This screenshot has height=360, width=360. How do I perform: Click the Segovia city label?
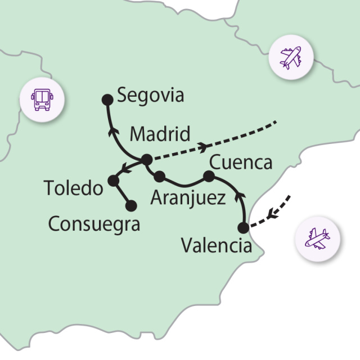150,96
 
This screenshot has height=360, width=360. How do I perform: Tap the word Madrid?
160,135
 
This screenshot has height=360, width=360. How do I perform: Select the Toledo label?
74,187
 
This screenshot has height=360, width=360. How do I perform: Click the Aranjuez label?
187,197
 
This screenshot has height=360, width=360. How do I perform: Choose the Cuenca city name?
240,163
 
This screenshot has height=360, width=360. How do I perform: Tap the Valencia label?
217,245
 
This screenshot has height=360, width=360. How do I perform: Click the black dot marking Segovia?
107,100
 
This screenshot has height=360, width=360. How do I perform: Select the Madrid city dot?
146,160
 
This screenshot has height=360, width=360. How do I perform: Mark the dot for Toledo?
113,181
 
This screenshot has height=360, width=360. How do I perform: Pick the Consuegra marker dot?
132,206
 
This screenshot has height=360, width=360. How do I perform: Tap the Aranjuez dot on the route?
159,177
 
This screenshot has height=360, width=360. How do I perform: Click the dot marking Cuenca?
209,177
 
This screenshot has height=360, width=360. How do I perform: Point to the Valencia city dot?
243,228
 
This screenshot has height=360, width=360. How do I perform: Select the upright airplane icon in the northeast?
291,57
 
